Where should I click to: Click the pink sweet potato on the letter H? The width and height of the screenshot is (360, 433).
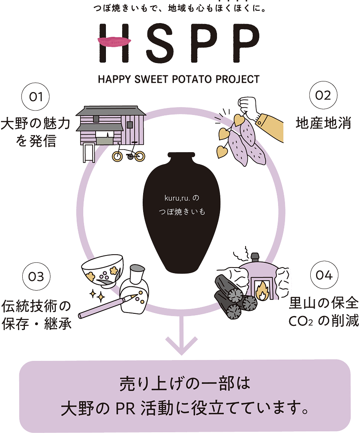pos(112,42)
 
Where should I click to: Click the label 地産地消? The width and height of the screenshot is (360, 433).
pos(323,123)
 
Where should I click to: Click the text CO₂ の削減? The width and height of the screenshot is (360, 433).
pos(324,322)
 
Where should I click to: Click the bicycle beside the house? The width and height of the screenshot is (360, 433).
pos(129,153)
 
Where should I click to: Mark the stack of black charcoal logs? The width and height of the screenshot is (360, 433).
pos(234,296)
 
